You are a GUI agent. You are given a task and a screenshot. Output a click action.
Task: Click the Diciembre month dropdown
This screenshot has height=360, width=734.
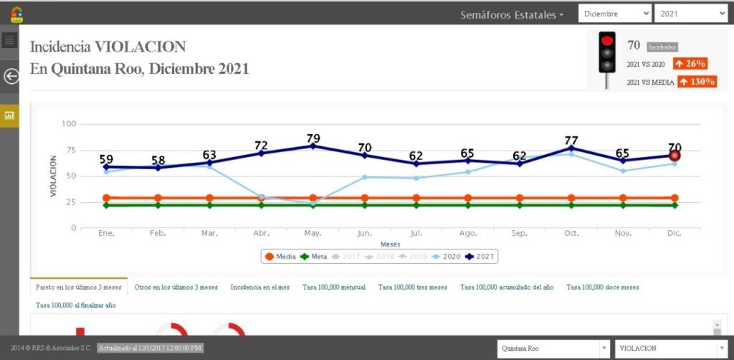coord(615,14)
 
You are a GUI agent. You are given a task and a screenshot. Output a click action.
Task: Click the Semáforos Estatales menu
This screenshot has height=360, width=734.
coord(512,14)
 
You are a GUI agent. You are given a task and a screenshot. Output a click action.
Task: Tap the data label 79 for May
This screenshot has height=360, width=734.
coord(313,138)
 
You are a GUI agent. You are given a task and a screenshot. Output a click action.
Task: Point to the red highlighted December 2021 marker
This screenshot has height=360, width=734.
coord(675,156)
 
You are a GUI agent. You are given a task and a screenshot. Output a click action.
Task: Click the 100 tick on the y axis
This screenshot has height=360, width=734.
coord(69,124)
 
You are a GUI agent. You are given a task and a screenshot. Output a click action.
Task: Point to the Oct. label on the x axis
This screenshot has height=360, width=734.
coord(571,233)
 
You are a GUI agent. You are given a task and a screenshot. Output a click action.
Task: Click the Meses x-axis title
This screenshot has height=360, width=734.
coord(391,245)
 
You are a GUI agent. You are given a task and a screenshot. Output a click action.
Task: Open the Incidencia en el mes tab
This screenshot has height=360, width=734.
coord(260,287)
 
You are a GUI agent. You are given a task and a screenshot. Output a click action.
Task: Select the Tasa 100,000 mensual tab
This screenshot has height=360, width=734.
coord(334,287)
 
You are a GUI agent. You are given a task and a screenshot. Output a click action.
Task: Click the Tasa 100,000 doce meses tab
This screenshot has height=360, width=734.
coord(603,287)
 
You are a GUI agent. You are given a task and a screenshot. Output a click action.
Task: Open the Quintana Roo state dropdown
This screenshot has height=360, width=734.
coord(553,349)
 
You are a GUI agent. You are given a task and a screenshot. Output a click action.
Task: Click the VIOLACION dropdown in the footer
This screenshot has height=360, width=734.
coord(670,349)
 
